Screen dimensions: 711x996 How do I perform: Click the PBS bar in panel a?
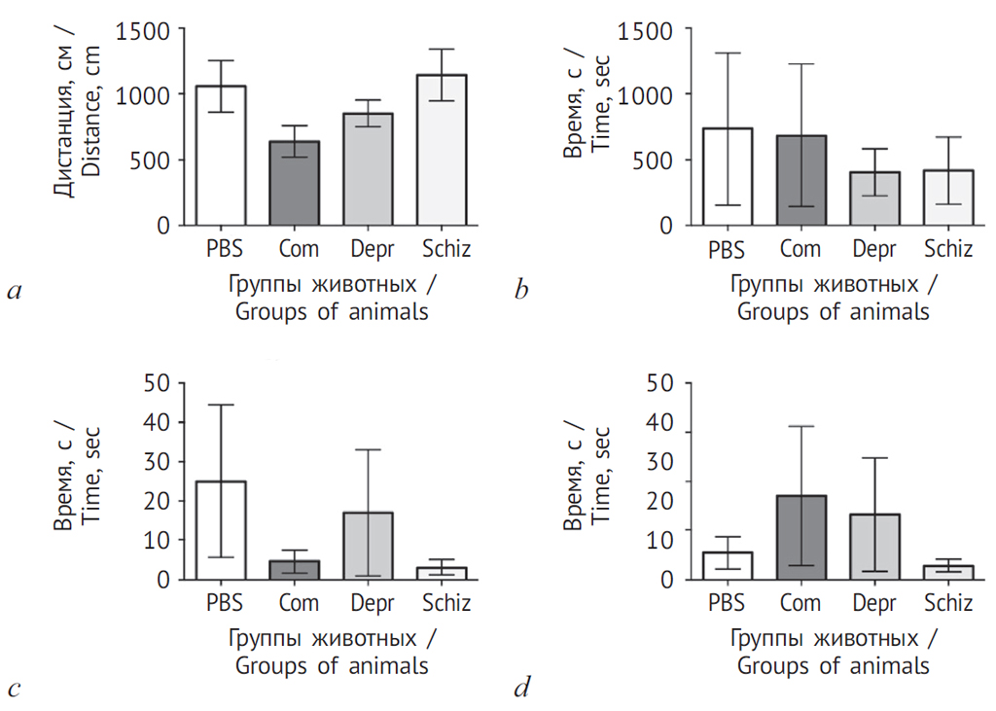[x=221, y=156]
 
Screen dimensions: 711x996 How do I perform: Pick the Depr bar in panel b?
[x=874, y=198]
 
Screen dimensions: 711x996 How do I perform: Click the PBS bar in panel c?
[x=221, y=530]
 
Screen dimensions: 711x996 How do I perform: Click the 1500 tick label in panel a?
[x=143, y=30]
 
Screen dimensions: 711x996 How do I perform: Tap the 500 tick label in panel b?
[x=655, y=160]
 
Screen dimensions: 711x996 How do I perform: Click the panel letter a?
[x=14, y=289]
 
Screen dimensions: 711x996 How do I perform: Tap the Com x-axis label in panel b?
[x=800, y=249]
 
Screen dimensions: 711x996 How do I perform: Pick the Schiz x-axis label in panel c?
[x=446, y=603]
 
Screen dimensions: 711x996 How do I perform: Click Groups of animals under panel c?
[x=331, y=666]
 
